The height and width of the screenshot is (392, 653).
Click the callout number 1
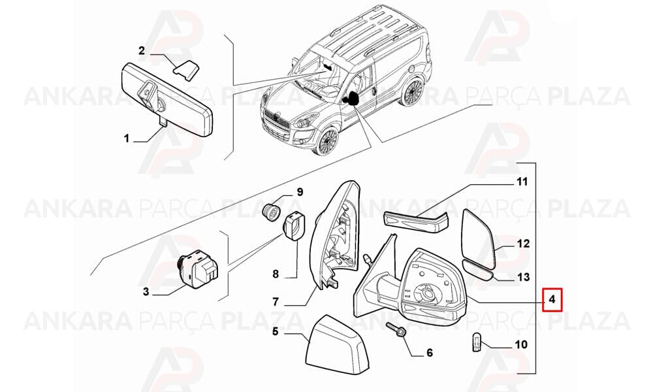(127, 138)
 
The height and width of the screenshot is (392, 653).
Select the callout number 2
(142, 50)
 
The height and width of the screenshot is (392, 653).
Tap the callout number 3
(146, 291)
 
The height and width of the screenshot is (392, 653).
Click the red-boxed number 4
(552, 299)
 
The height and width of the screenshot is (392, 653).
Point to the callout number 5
(276, 332)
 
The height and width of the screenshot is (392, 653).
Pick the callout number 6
(430, 352)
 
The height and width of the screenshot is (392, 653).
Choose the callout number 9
(300, 192)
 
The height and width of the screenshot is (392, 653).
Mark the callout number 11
(522, 182)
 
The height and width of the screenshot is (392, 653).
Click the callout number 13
(523, 276)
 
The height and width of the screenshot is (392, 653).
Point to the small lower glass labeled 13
(478, 270)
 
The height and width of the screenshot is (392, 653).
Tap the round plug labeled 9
(272, 212)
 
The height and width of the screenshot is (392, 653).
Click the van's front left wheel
(326, 140)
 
